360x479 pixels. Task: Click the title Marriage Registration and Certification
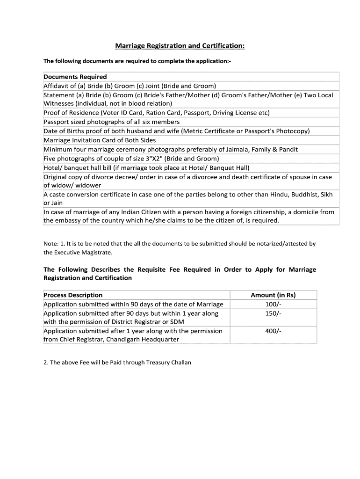tap(180, 46)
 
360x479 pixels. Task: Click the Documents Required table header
tap(75, 77)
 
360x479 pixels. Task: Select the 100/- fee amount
tap(273, 304)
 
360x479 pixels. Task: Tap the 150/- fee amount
tap(273, 313)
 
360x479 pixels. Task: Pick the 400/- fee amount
tap(273, 331)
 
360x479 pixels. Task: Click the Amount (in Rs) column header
tap(273, 295)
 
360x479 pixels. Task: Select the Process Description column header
tap(73, 295)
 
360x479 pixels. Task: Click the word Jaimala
tap(224, 149)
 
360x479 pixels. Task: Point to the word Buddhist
tap(297, 194)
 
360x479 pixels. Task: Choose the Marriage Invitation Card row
tap(100, 140)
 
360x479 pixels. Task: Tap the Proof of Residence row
tap(157, 113)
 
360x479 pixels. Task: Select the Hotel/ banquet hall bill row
tap(146, 167)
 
